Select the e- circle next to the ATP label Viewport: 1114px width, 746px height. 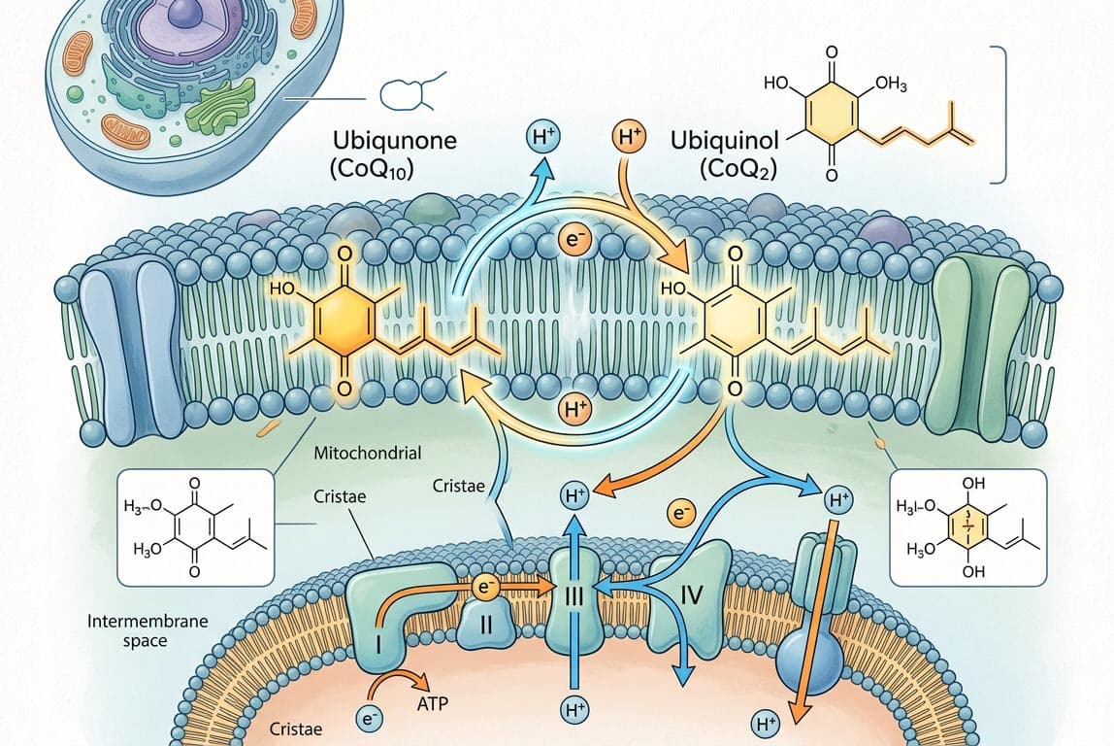(x=367, y=719)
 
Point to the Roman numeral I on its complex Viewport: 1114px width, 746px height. (x=376, y=643)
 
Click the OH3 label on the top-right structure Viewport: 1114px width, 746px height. (x=890, y=85)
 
